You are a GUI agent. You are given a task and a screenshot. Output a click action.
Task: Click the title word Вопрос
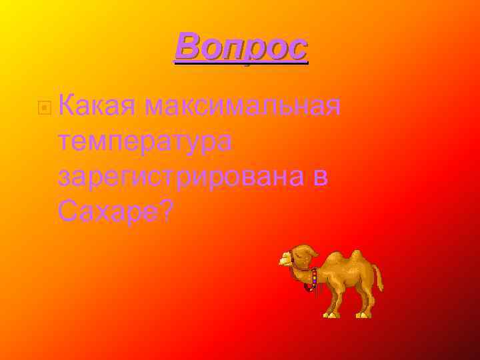pyautogui.click(x=241, y=47)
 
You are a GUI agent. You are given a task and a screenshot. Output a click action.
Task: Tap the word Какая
pyautogui.click(x=97, y=105)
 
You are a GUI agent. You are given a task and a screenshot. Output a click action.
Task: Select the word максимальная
pyautogui.click(x=243, y=105)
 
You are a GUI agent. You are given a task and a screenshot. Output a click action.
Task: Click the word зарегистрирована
pyautogui.click(x=181, y=177)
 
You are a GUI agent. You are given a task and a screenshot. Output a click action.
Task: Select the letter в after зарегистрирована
pyautogui.click(x=320, y=177)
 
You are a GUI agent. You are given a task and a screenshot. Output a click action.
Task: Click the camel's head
pyautogui.click(x=298, y=255)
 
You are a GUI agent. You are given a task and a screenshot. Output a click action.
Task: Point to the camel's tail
pyautogui.click(x=379, y=277)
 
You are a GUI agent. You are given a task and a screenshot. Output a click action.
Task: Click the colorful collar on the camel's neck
pyautogui.click(x=313, y=277)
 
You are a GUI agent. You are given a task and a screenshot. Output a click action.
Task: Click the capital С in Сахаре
pyautogui.click(x=69, y=211)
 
